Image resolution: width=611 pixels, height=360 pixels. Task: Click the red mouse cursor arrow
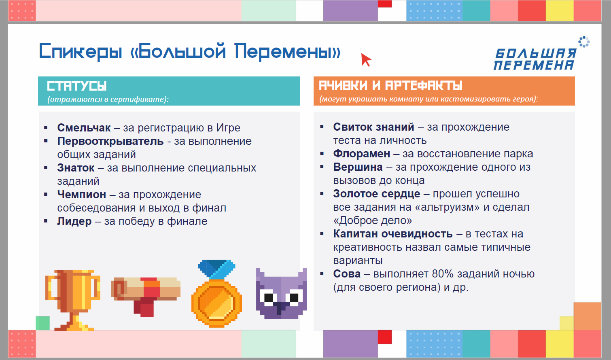coord(365,59)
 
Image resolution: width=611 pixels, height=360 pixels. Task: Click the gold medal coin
coord(216,303)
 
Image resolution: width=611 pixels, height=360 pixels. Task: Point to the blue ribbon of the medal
coord(216,269)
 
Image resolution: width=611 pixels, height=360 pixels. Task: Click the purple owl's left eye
coord(269,297)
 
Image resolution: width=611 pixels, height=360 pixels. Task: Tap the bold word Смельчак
coord(84,128)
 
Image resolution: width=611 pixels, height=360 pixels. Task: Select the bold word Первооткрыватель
coord(110,141)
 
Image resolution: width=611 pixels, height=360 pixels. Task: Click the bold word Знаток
coord(76,168)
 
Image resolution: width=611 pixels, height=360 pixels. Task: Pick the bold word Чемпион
coord(82,195)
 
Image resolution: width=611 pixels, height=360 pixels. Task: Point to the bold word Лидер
coord(74,221)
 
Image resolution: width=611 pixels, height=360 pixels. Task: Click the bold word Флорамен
coord(361,154)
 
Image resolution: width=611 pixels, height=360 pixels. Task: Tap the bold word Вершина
coord(358,167)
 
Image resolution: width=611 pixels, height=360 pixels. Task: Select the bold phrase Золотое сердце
coord(376,194)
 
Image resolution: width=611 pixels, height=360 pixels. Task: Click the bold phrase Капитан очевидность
coord(393,234)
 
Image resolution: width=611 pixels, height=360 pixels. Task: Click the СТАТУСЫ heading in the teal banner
coord(76,86)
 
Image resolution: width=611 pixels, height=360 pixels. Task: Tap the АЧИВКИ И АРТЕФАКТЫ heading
coord(390,86)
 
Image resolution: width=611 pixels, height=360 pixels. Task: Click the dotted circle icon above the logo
coord(584,42)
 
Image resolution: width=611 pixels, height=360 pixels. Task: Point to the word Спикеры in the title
coord(81,51)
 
